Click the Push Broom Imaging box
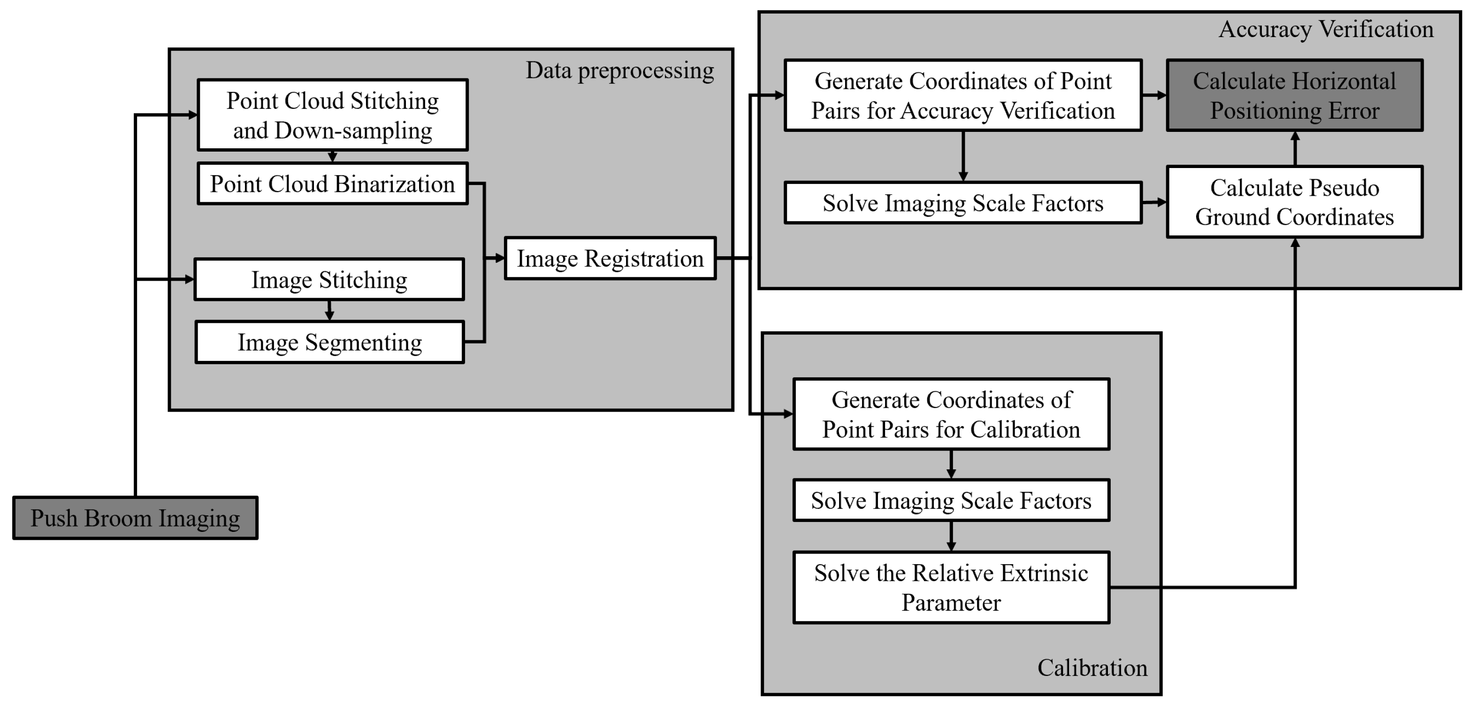pyautogui.click(x=135, y=518)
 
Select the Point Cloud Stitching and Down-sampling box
pyautogui.click(x=332, y=115)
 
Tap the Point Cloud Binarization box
pyautogui.click(x=332, y=184)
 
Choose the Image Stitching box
pyautogui.click(x=329, y=280)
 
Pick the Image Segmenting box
pyautogui.click(x=329, y=343)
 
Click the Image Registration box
pyautogui.click(x=610, y=259)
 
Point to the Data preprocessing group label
pyautogui.click(x=619, y=70)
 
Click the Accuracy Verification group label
pyautogui.click(x=1326, y=29)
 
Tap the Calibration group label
pyautogui.click(x=1091, y=668)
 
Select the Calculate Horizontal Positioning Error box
pyautogui.click(x=1294, y=95)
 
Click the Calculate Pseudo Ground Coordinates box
pyautogui.click(x=1294, y=202)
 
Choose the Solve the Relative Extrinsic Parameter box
pyautogui.click(x=950, y=587)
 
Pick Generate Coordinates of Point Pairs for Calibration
pyautogui.click(x=950, y=414)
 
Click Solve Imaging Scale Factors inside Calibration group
pyautogui.click(x=950, y=500)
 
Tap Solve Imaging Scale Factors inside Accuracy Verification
pyautogui.click(x=962, y=203)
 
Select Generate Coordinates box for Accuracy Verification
pyautogui.click(x=962, y=95)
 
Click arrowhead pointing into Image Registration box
pyautogui.click(x=499, y=259)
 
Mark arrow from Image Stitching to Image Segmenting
pyautogui.click(x=329, y=310)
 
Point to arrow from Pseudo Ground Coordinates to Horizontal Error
pyautogui.click(x=1295, y=148)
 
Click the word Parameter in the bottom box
pyautogui.click(x=950, y=603)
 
